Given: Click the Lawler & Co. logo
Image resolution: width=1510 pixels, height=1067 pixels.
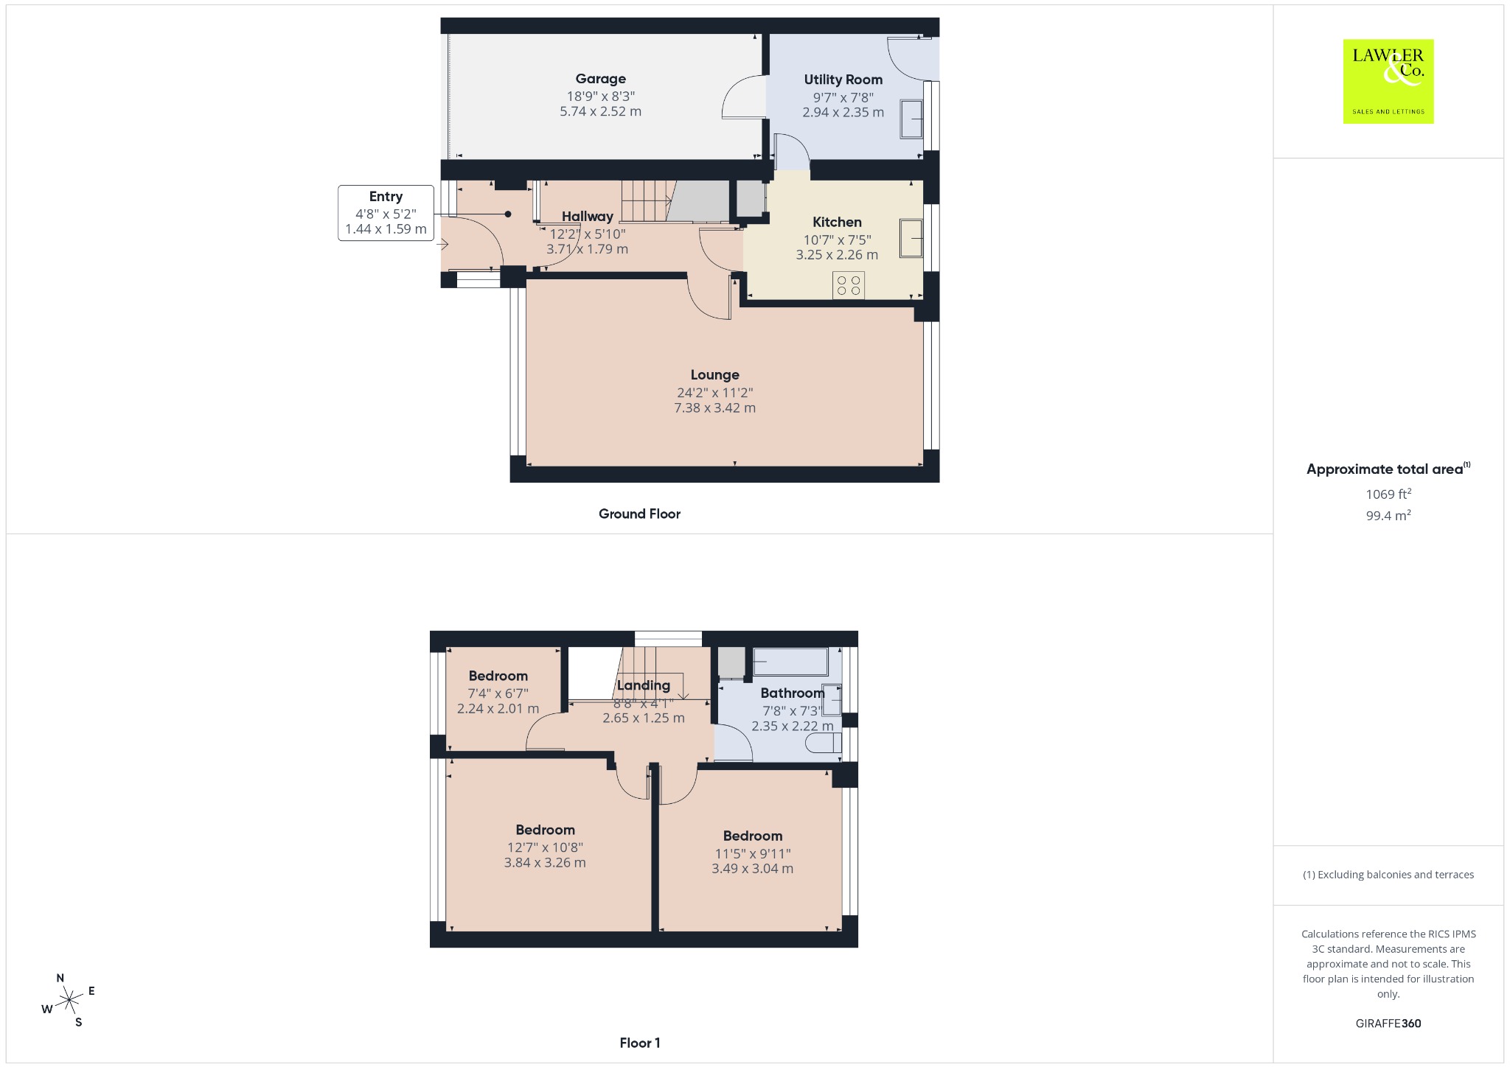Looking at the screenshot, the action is tap(1388, 81).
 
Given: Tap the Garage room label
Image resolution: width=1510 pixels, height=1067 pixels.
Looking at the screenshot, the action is tap(601, 79).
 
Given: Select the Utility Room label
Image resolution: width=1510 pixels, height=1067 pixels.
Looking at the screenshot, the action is tap(843, 80).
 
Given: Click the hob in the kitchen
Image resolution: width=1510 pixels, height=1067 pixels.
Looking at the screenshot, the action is tap(849, 285).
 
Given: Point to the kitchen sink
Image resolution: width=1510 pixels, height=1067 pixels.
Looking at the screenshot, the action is tap(911, 238).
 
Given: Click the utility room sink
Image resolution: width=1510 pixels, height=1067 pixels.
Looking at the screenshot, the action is tap(911, 119).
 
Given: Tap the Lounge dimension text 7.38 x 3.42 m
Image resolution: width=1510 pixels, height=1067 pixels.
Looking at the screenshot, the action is tap(714, 407).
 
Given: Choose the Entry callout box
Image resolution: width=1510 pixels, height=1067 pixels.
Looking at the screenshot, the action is tap(386, 213).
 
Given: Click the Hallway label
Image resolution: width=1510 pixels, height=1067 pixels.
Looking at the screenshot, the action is tap(588, 216).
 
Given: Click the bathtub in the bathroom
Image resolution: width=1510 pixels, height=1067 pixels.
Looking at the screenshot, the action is tap(790, 661).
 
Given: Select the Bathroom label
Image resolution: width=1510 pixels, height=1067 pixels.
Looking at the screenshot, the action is tap(793, 693).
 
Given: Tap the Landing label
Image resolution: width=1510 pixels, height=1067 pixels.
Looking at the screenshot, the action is tap(644, 685).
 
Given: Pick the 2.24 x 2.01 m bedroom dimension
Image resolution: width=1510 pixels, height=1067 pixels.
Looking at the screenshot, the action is tap(498, 709).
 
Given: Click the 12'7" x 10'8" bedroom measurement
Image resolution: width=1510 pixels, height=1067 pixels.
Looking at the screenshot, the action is tap(545, 847).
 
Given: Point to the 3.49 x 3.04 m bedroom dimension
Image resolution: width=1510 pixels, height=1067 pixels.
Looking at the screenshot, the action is tap(752, 869).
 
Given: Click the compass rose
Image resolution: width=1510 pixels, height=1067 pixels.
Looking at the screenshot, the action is tap(69, 1000).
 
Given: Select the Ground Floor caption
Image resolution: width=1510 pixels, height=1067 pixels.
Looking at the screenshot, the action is tap(639, 514).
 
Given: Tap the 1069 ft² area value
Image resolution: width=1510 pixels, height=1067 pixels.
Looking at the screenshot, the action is tap(1388, 494).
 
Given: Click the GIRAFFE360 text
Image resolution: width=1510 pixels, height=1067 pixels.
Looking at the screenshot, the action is tap(1388, 1023).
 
